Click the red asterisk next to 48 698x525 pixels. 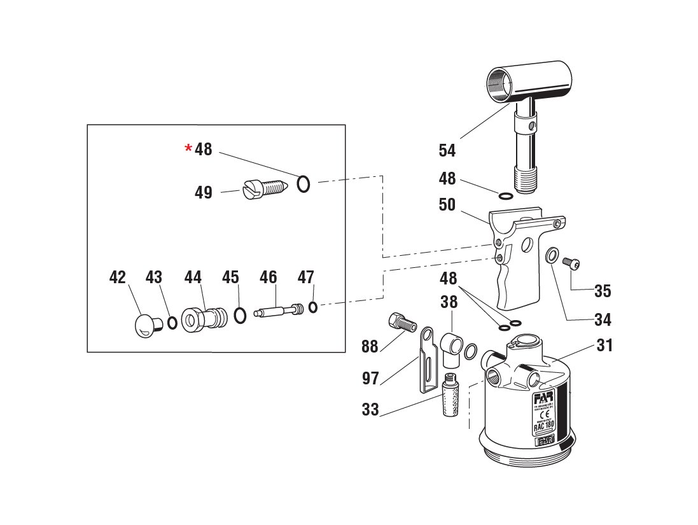pyautogui.click(x=188, y=148)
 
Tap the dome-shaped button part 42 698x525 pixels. pyautogui.click(x=148, y=325)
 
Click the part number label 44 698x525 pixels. pyautogui.click(x=193, y=277)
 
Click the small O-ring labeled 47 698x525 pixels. pyautogui.click(x=313, y=307)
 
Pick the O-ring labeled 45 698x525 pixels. pyautogui.click(x=240, y=315)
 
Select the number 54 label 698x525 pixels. pyautogui.click(x=447, y=151)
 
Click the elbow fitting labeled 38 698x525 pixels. pyautogui.click(x=453, y=346)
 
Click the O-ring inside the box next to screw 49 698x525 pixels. pyautogui.click(x=304, y=184)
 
